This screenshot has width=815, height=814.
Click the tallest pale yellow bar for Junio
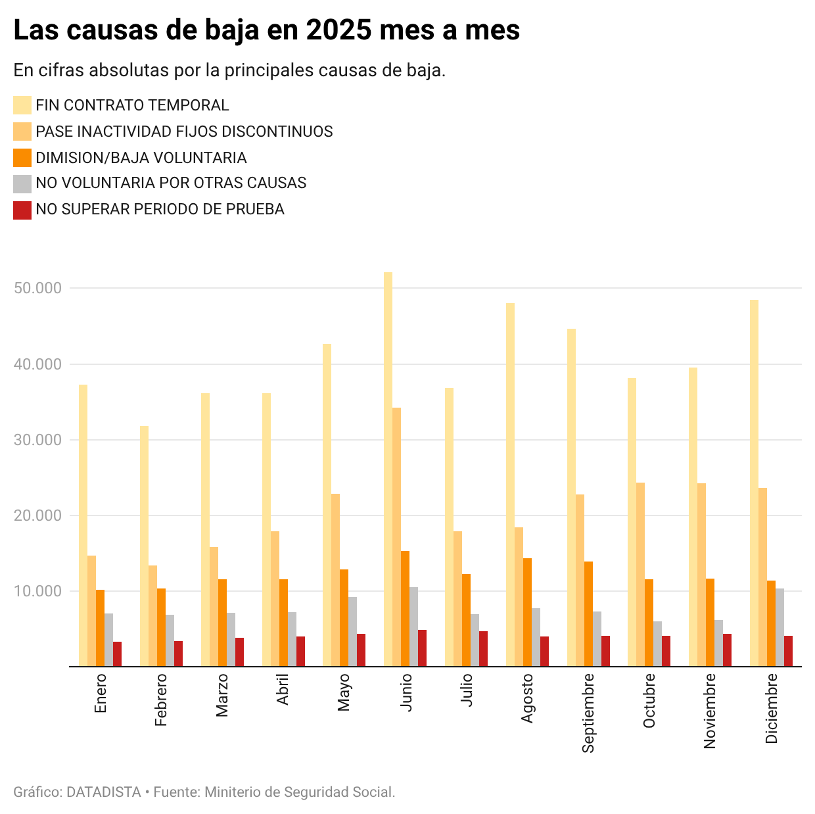[x=388, y=469]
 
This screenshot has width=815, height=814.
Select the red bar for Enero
[x=117, y=654]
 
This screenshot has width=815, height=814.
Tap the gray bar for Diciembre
[x=780, y=627]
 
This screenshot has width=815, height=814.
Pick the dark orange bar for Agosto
[x=527, y=612]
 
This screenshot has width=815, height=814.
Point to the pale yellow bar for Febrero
[x=144, y=546]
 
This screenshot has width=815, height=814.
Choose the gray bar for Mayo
[x=352, y=631]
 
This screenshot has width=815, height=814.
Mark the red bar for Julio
[x=483, y=649]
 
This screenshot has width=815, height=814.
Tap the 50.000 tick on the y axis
[x=37, y=288]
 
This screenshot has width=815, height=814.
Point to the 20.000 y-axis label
[x=37, y=515]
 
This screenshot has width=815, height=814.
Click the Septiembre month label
[x=588, y=712]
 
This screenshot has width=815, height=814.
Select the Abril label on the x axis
[x=283, y=688]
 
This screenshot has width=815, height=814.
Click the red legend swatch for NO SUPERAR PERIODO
[x=22, y=210]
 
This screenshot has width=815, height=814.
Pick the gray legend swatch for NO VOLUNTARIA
[x=22, y=183]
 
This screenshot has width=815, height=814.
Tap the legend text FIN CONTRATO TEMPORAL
[x=132, y=105]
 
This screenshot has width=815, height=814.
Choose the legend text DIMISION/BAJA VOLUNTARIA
[x=141, y=158]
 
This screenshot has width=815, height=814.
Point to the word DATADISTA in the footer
[x=104, y=792]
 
